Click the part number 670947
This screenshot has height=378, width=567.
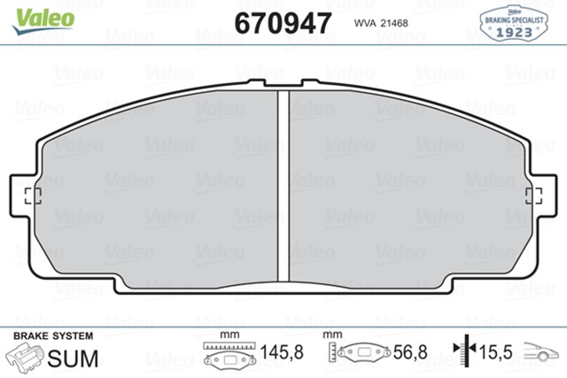(x=283, y=22)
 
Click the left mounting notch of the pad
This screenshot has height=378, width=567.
(x=32, y=196)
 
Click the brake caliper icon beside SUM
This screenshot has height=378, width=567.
(x=26, y=357)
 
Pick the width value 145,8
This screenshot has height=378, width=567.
(x=282, y=352)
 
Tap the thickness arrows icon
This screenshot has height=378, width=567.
(x=462, y=353)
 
